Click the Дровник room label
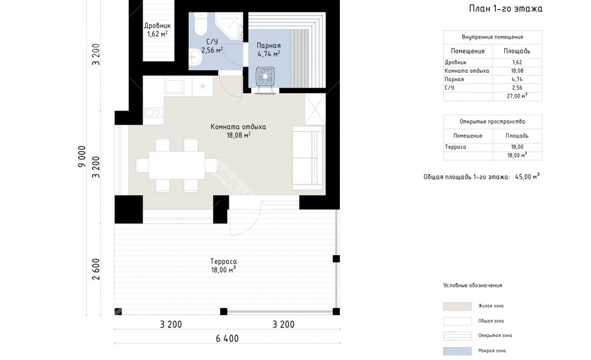tap(157, 26)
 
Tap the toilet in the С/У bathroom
tap(200, 22)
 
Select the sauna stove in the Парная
tap(265, 76)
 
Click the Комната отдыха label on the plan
tap(238, 127)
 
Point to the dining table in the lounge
tap(177, 165)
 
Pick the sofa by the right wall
tap(307, 157)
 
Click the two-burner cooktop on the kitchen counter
tap(154, 112)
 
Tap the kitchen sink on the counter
tap(175, 86)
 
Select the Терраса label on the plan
tap(224, 262)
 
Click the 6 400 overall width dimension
tap(227, 339)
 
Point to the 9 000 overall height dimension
tap(82, 156)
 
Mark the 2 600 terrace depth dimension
tap(96, 269)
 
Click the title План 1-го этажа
tap(506, 8)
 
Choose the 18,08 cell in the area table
tap(517, 71)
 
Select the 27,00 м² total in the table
tap(516, 96)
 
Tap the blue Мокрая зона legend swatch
tap(457, 351)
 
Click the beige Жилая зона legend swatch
tap(457, 306)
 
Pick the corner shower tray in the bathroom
tap(230, 24)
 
